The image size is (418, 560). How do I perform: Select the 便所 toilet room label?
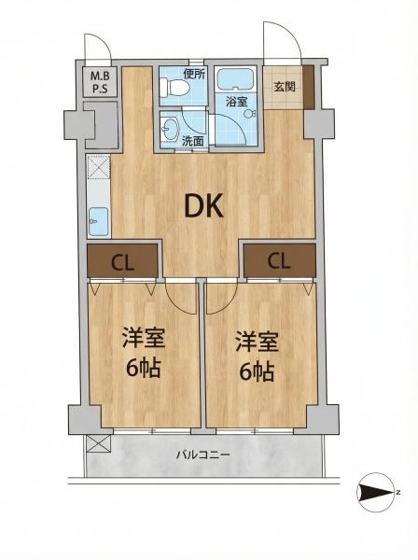click(194, 74)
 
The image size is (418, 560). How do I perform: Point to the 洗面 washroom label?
click(192, 141)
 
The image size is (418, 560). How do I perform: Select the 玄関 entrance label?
click(285, 87)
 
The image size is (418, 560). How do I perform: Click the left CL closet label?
click(120, 260)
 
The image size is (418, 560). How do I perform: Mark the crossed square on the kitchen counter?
click(98, 169)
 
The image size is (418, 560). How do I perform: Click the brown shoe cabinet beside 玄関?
click(309, 87)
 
